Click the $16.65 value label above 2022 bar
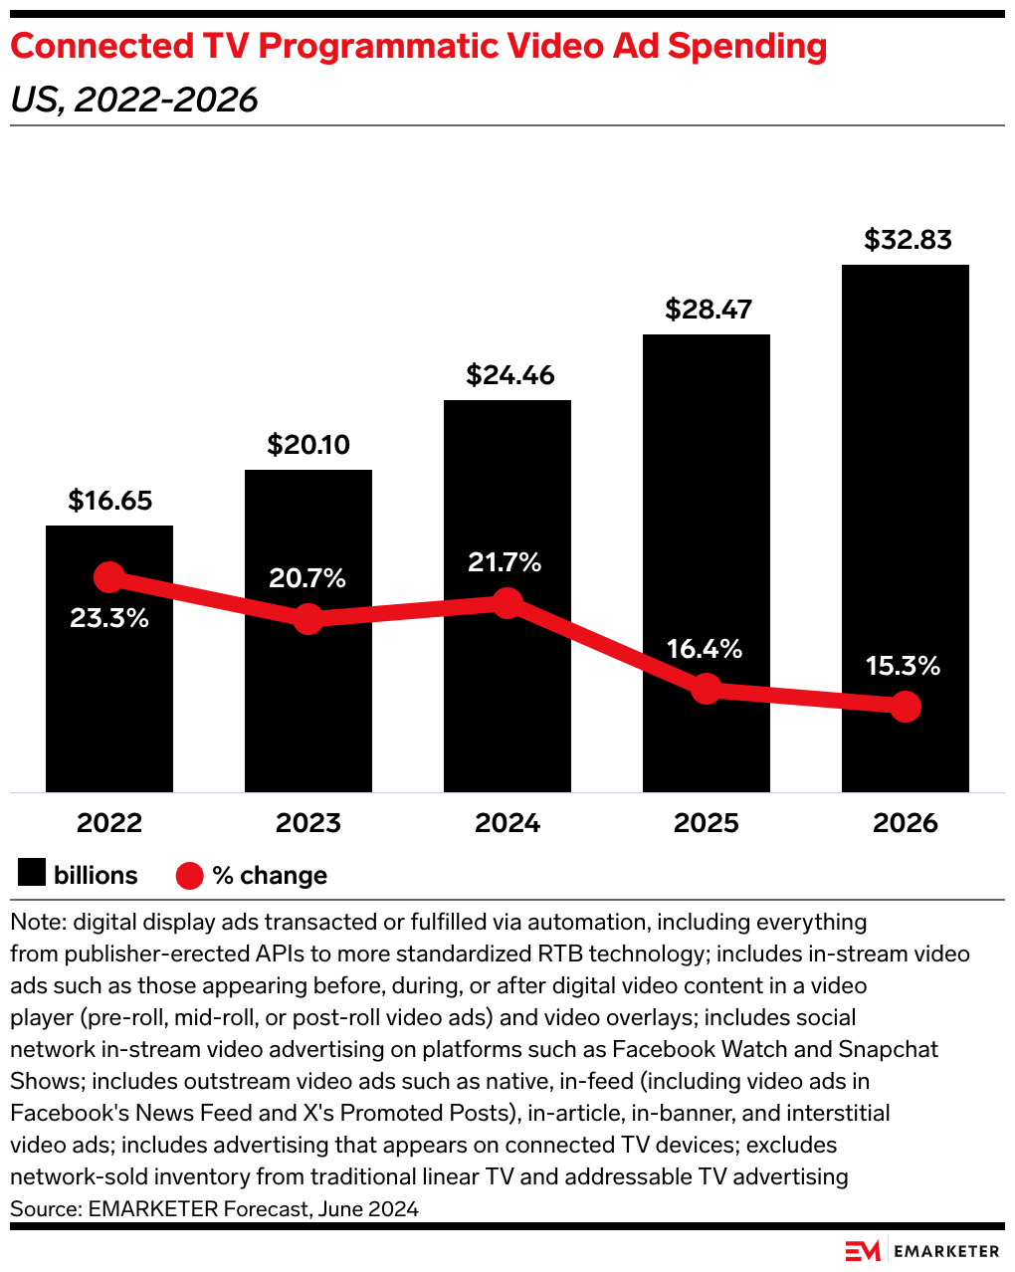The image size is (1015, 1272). pos(109,501)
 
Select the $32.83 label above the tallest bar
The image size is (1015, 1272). pos(908,240)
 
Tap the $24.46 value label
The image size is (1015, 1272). pos(509,375)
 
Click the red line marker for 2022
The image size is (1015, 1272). pos(109,577)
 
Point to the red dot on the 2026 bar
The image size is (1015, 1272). pos(906,707)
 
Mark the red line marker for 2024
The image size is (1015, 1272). pos(507,602)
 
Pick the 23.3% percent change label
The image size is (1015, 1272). pos(109,618)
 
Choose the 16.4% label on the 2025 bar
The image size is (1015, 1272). pos(705,649)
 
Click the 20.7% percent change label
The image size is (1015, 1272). pos(307,578)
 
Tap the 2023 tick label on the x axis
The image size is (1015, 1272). pos(308,823)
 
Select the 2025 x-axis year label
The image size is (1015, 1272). pos(707,823)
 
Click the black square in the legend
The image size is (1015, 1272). pos(32,874)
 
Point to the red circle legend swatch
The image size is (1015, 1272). pos(189,876)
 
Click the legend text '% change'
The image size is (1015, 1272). pos(270,876)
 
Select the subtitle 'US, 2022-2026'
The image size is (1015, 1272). pos(134,100)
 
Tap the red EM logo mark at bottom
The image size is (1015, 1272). pos(863,1251)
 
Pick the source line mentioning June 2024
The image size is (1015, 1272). pos(214,1208)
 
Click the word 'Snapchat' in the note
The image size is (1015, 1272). pos(889,1049)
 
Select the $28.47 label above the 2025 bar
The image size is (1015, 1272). pos(709,310)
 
